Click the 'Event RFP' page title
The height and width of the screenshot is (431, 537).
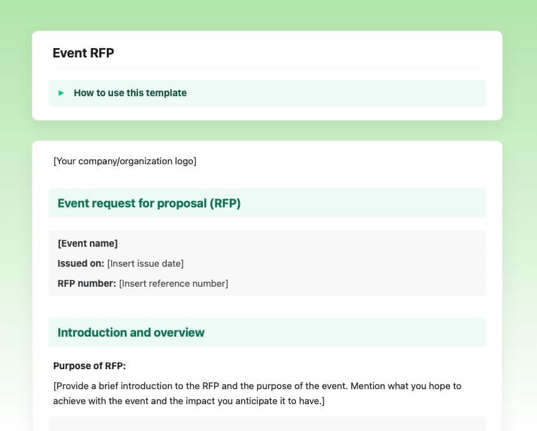click(83, 53)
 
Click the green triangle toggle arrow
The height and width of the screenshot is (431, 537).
click(61, 93)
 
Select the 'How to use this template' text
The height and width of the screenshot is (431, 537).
click(130, 93)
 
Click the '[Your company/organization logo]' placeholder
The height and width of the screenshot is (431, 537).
click(125, 161)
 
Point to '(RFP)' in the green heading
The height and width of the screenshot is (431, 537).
click(225, 203)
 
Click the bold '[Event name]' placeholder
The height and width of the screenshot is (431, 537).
click(87, 244)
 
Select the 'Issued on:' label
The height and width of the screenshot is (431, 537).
click(81, 264)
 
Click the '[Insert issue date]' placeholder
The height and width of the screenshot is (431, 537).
click(145, 264)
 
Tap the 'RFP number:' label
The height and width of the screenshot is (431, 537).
click(87, 284)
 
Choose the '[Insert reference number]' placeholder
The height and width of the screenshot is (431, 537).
click(174, 284)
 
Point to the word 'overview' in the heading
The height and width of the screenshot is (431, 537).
click(179, 332)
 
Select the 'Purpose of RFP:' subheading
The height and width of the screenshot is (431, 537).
click(89, 366)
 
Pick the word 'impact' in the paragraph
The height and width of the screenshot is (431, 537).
click(200, 401)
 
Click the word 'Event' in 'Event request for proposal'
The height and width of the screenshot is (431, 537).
click(72, 203)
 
